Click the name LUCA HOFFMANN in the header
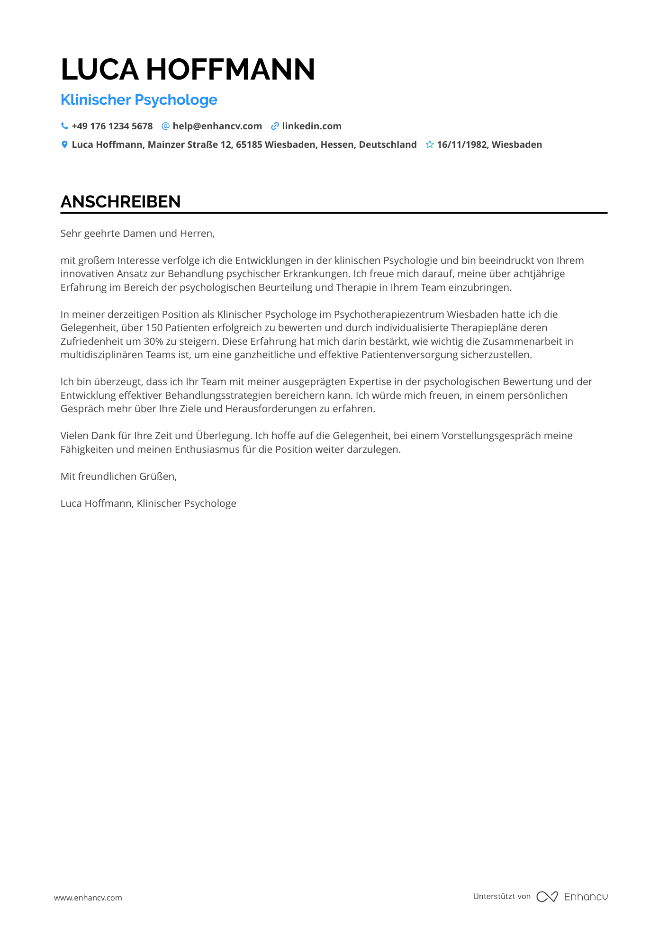pos(188,70)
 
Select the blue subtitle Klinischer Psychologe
pos(139,100)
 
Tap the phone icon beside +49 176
pos(64,126)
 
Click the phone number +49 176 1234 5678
pos(112,126)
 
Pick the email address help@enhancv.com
pos(217,126)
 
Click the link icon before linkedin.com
pos(274,126)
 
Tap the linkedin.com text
pos(312,126)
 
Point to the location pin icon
pos(64,144)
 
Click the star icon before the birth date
pos(430,144)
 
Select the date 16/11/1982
pos(462,144)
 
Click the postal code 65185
pos(249,144)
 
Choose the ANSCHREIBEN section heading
pos(120,202)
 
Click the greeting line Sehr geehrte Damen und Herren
pos(137,234)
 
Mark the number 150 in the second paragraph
pos(154,328)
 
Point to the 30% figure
pos(153,342)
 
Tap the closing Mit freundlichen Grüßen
pos(118,477)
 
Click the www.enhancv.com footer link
pos(88,898)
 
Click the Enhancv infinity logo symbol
pos(547,897)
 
